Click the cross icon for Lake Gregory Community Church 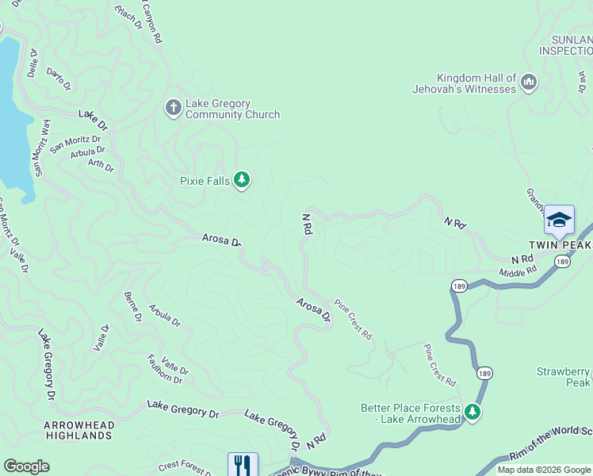point(173,107)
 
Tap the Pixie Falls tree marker point(242,182)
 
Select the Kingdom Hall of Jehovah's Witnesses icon point(529,82)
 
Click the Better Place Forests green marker point(472,412)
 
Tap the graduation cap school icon point(559,220)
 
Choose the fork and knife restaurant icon point(243,465)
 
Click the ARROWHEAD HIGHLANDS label point(79,430)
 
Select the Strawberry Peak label point(564,377)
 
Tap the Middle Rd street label point(518,272)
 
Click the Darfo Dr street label point(59,76)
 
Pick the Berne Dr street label point(132,307)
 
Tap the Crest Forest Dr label point(184,469)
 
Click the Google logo point(26,466)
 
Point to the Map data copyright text point(543,470)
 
